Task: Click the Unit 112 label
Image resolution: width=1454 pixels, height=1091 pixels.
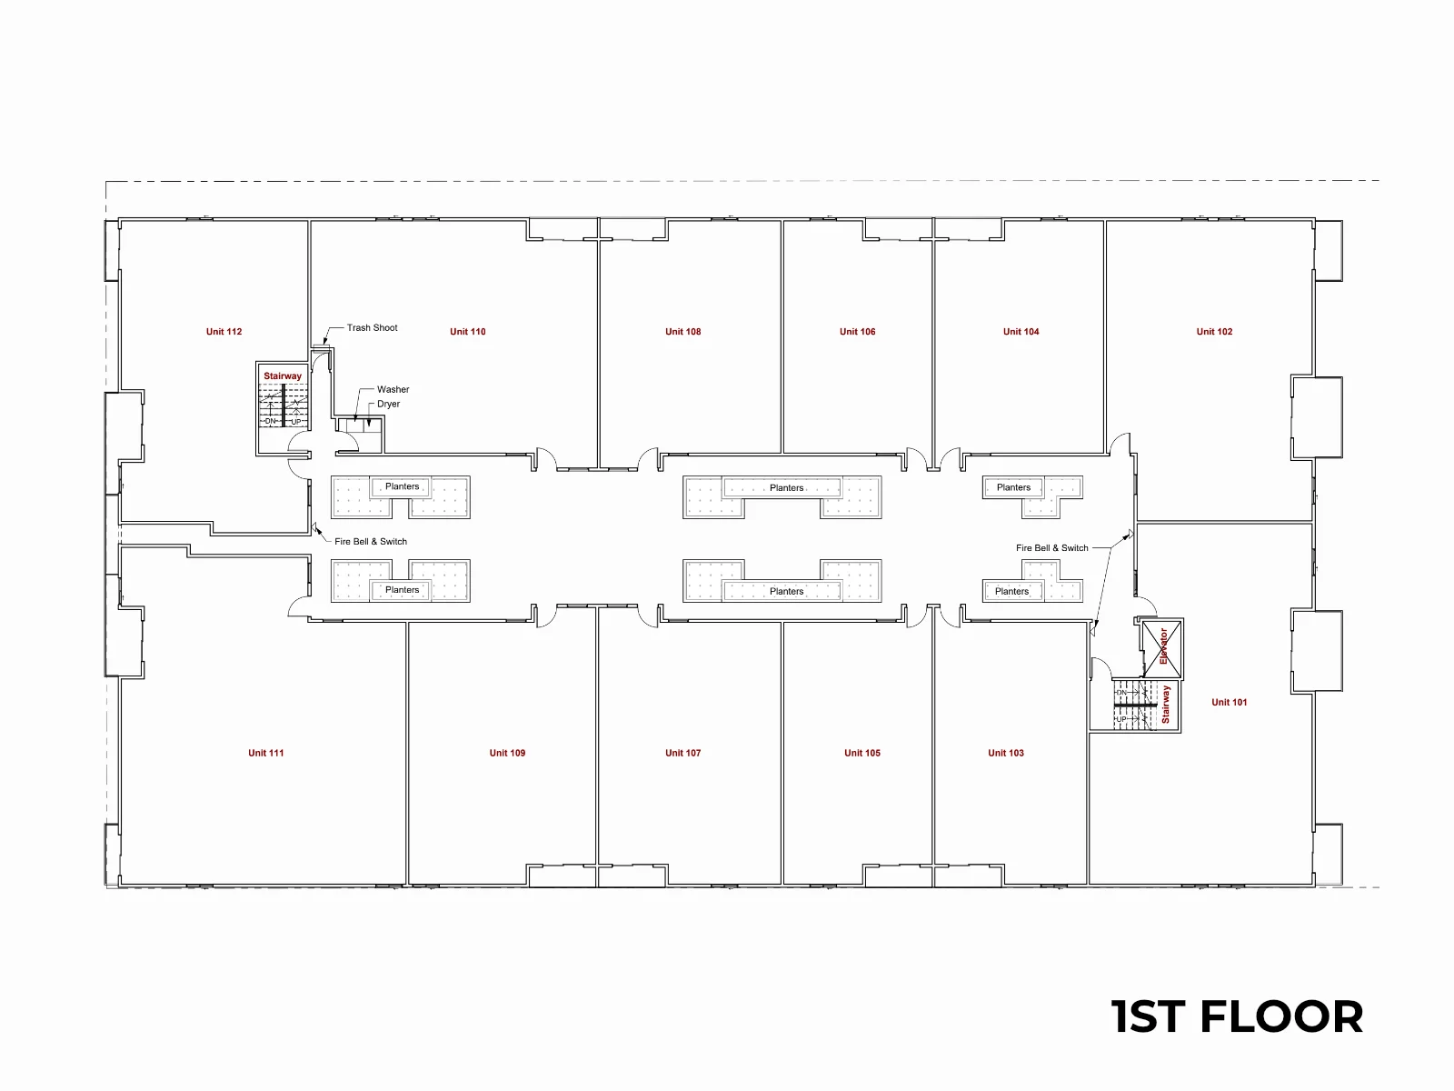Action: (224, 331)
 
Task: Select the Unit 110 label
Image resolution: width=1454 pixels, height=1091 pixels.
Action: (468, 331)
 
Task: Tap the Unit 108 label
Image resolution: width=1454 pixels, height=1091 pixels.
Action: (683, 331)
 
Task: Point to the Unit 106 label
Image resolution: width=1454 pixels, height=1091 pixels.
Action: (857, 331)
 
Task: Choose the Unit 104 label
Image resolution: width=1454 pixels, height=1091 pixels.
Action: (1021, 331)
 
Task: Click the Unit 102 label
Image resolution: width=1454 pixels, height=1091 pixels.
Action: (1214, 331)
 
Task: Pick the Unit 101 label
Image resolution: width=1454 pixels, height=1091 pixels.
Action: (1229, 702)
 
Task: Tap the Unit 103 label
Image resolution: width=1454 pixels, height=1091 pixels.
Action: (1006, 753)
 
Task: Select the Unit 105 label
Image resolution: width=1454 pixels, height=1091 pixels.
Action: (861, 753)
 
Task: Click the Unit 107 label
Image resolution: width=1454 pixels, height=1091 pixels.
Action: (683, 753)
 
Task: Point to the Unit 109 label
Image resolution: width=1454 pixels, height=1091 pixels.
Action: (507, 753)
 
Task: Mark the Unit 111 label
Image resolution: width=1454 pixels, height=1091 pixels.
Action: (265, 753)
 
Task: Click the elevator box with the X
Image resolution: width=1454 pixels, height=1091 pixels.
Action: (1162, 649)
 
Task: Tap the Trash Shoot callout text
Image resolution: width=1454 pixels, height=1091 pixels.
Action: (372, 327)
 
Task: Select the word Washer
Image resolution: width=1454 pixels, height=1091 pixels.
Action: (393, 389)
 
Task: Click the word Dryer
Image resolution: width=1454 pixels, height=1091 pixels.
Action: (388, 404)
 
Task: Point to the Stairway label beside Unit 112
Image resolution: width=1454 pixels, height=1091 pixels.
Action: (283, 375)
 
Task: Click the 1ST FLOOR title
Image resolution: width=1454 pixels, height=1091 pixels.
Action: (1237, 1016)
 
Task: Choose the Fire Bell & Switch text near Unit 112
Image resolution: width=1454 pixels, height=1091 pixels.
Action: (370, 541)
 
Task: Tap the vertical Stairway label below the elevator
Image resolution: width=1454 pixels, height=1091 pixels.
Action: (1165, 704)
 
